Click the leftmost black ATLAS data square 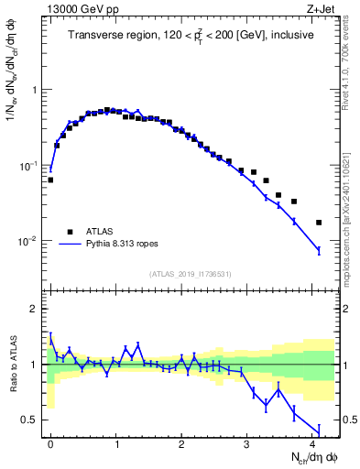click(x=50, y=180)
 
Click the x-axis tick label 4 click(x=313, y=444)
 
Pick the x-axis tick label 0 click(x=50, y=444)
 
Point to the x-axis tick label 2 click(x=182, y=444)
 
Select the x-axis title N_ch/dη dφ click(x=314, y=459)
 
